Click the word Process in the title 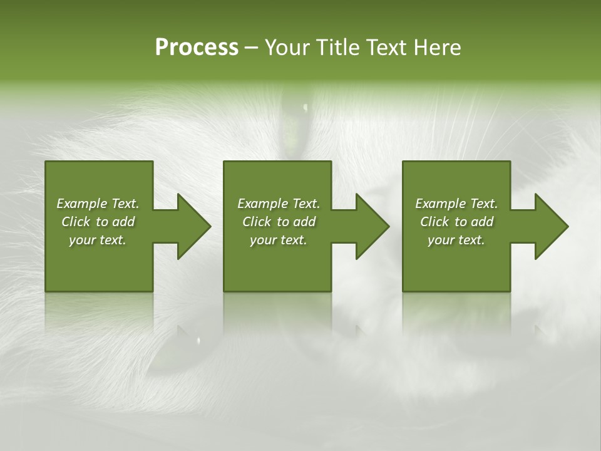coord(197,48)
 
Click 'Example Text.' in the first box coord(98,204)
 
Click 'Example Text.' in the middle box coord(279,204)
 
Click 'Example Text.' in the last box coord(456,204)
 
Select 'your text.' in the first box coord(98,240)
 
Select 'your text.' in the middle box coord(279,240)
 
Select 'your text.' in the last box coord(456,240)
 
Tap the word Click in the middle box coord(257,222)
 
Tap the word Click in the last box coord(434,222)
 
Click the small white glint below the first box coord(199,340)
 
